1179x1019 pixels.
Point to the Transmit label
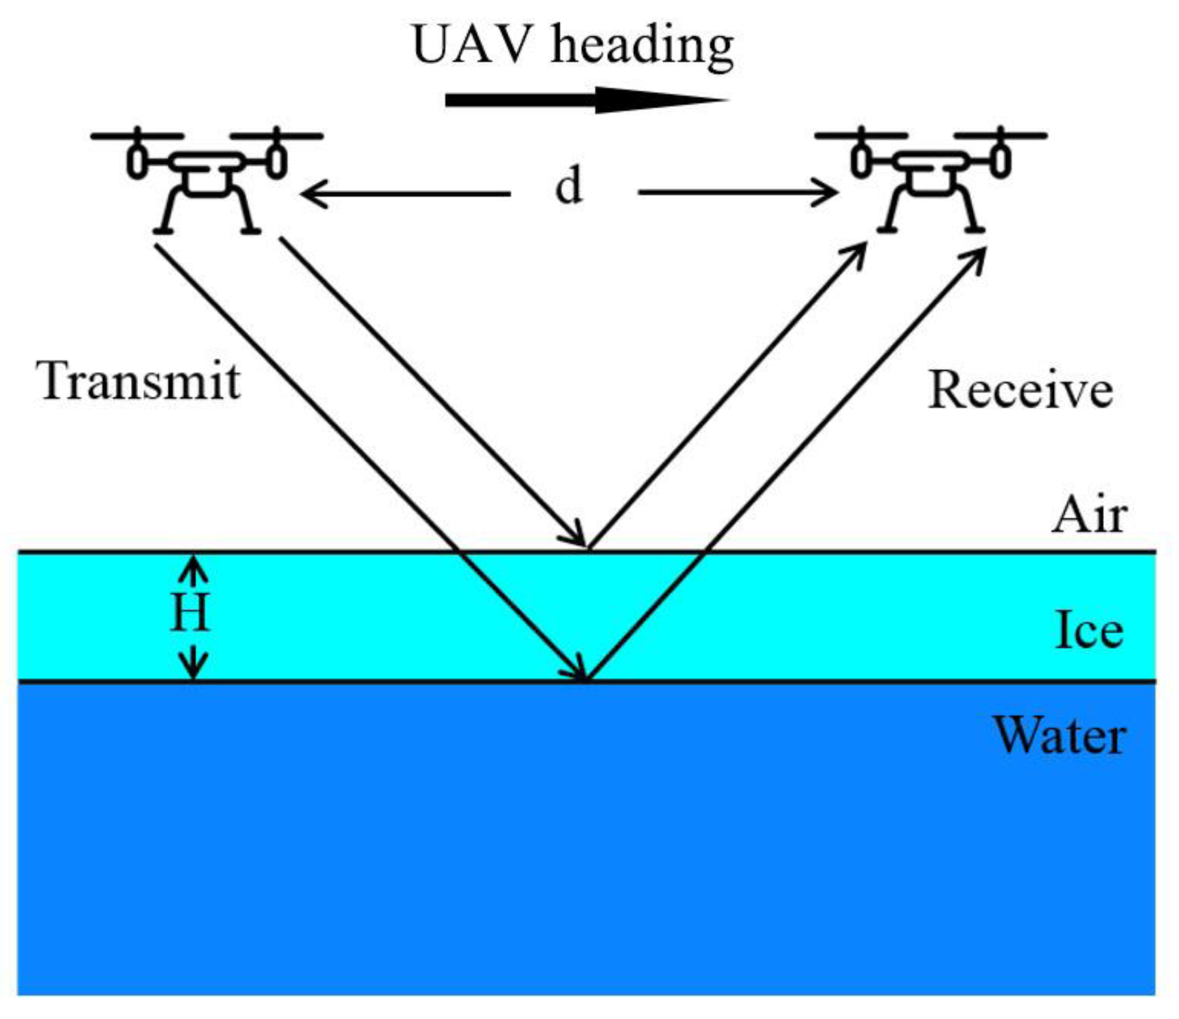click(138, 381)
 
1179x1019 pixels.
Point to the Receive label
click(1020, 390)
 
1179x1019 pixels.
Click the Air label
click(1089, 516)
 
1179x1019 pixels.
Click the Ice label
click(1089, 630)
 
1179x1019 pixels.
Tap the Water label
click(1059, 736)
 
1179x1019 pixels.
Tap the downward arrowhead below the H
click(193, 668)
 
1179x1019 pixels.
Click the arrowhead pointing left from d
click(311, 194)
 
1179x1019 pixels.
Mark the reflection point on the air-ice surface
click(589, 550)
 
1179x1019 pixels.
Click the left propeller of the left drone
click(137, 135)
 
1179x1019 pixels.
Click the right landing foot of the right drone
click(970, 229)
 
